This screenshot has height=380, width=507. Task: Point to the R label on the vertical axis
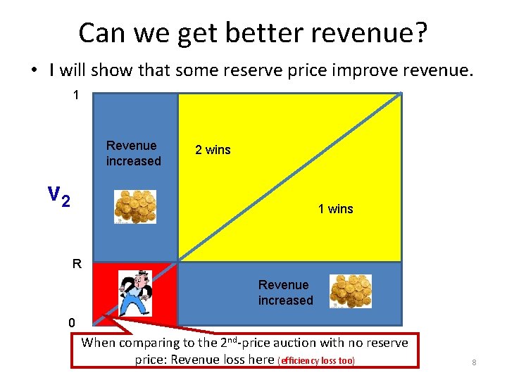pos(77,265)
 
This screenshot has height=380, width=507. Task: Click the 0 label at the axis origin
pos(72,323)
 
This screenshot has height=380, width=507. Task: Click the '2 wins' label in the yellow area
pos(213,150)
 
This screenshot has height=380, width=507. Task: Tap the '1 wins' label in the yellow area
pos(335,209)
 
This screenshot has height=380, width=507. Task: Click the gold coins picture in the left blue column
pos(136,206)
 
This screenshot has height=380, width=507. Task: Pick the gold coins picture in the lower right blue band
pos(351,291)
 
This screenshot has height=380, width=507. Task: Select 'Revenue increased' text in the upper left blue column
pos(133,153)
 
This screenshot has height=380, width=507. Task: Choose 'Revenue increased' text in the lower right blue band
pos(285,293)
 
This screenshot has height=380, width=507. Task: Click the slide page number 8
pos(474,362)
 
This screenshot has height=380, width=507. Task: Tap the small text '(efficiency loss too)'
pos(317,361)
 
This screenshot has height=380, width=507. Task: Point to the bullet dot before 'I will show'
pos(33,71)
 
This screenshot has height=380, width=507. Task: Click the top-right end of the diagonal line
pos(399,94)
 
